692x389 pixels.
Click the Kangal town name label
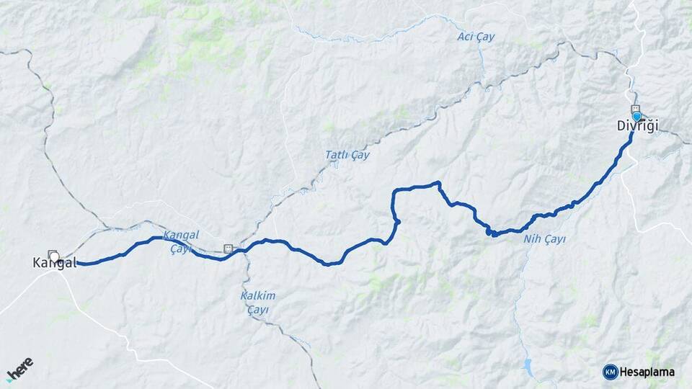click(x=55, y=264)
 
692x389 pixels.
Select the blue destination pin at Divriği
click(x=636, y=116)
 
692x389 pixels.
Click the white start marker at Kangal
click(x=55, y=256)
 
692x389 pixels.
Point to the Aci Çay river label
click(x=476, y=37)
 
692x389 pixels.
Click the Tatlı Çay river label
click(x=347, y=155)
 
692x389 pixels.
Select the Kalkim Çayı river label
click(x=257, y=302)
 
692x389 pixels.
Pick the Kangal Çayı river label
click(x=180, y=241)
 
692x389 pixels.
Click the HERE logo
click(x=19, y=369)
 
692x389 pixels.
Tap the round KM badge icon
click(x=610, y=371)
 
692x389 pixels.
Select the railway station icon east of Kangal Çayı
click(x=229, y=249)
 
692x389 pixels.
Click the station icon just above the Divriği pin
click(x=634, y=108)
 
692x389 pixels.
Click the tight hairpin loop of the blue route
click(x=490, y=231)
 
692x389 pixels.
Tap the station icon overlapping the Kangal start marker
click(x=51, y=254)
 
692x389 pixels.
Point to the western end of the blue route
click(x=77, y=264)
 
